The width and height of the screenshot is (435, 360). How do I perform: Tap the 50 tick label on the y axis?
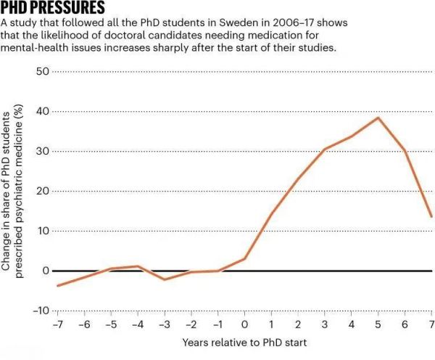pyautogui.click(x=41, y=72)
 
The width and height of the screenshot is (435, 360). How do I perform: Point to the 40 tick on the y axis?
pyautogui.click(x=41, y=112)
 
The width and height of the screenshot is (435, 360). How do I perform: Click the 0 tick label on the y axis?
pyautogui.click(x=44, y=271)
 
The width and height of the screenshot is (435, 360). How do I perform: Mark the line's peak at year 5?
pyautogui.click(x=378, y=118)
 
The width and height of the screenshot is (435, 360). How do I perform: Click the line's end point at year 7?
pyautogui.click(x=432, y=216)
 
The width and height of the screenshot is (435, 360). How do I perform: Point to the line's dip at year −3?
pyautogui.click(x=165, y=279)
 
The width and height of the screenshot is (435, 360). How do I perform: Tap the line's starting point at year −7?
pyautogui.click(x=57, y=285)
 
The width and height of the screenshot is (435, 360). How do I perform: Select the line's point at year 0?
pyautogui.click(x=245, y=258)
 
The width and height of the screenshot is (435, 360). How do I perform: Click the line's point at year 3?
pyautogui.click(x=325, y=150)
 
